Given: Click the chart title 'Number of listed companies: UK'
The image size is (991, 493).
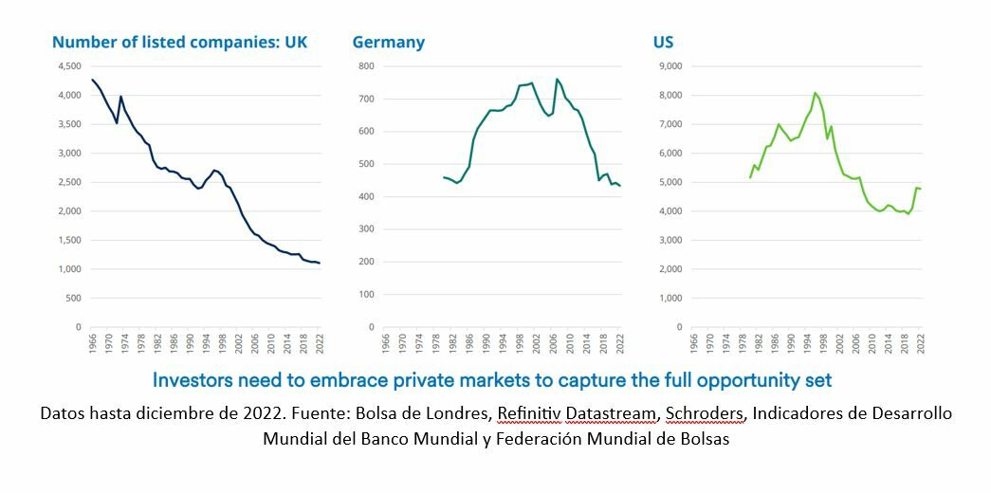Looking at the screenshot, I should click(x=179, y=43).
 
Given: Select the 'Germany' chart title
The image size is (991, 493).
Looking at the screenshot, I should click(x=388, y=43).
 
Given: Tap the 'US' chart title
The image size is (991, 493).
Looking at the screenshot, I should click(x=663, y=43).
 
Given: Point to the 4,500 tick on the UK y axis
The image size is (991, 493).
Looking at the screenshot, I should click(x=69, y=66).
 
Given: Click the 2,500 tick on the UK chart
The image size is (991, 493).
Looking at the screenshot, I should click(x=69, y=182).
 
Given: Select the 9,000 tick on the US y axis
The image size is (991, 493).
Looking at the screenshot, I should click(x=669, y=66).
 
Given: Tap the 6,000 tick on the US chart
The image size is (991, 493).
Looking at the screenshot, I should click(x=669, y=154).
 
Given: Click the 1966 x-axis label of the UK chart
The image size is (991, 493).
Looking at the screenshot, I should click(x=92, y=344).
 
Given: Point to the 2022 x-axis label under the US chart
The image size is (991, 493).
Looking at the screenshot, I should click(x=920, y=344).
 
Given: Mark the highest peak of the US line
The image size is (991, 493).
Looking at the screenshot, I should click(x=815, y=93).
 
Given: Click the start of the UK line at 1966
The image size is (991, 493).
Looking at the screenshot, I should click(x=92, y=80).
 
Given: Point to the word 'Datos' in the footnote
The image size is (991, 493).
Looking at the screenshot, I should click(x=61, y=414).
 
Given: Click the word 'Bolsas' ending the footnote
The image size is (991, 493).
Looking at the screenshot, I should click(x=706, y=439).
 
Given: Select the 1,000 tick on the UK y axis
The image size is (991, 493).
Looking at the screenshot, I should click(x=69, y=269).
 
